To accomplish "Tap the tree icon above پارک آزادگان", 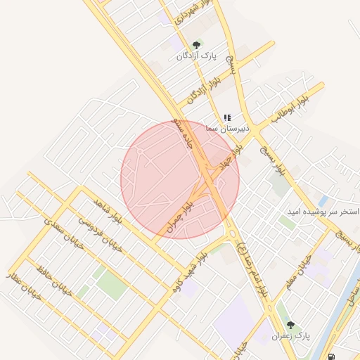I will pos(196,45).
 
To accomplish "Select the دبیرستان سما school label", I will pos(226,129).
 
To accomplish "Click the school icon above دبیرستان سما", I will pos(227,118).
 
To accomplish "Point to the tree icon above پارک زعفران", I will pos(291,326).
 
